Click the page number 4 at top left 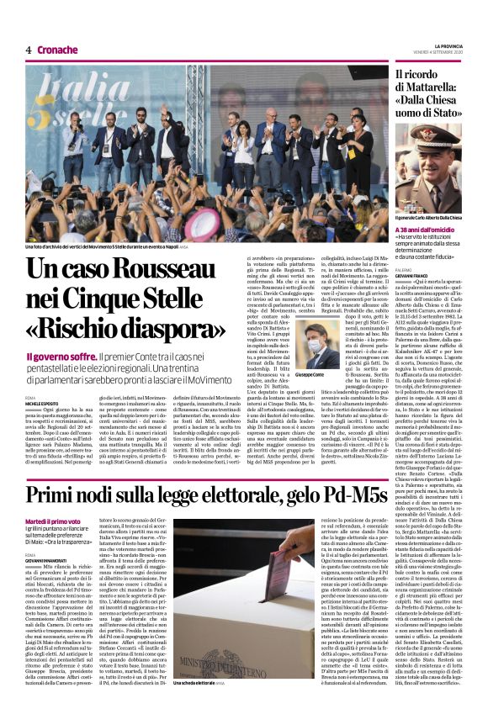(x=29, y=50)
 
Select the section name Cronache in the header (x=57, y=50)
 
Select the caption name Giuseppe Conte (x=310, y=375)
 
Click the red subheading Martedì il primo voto (x=53, y=521)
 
